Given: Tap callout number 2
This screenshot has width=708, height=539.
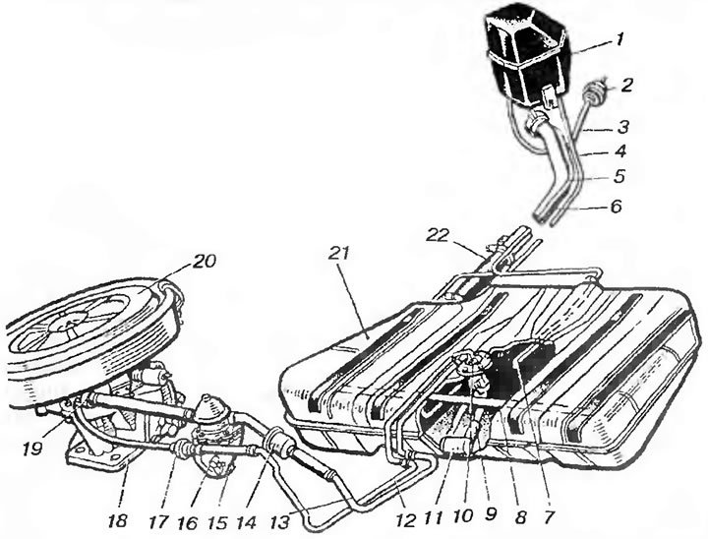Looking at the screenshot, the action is tap(626, 86).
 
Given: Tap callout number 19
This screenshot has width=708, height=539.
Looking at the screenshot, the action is tap(34, 449).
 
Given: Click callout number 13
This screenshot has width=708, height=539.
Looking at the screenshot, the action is tap(281, 522).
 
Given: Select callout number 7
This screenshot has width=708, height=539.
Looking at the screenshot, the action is tap(547, 517).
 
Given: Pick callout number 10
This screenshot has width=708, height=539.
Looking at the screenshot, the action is tap(463, 515).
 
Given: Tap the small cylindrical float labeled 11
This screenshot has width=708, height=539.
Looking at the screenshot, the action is tap(453, 447).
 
